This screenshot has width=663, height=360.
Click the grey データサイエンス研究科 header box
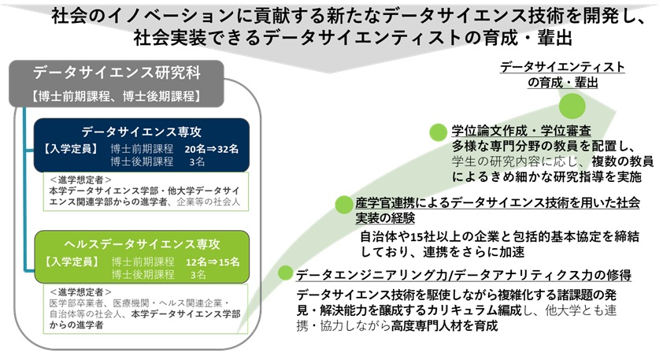(115, 74)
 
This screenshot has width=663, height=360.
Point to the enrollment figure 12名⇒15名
(217, 260)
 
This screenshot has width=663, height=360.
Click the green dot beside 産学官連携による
(343, 205)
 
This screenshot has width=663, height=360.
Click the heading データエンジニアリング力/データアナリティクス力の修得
(464, 275)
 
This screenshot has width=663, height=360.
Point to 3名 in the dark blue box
(196, 161)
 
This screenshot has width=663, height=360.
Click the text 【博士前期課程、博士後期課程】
(115, 97)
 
